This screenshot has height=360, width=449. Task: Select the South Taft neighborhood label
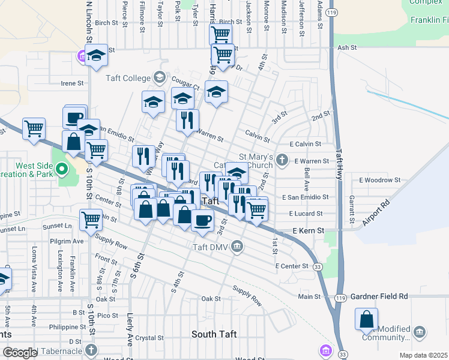pyautogui.click(x=214, y=334)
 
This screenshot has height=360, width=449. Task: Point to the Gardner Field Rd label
pyautogui.click(x=379, y=296)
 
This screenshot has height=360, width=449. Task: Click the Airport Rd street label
pyautogui.click(x=376, y=212)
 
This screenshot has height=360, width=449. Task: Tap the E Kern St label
pyautogui.click(x=308, y=230)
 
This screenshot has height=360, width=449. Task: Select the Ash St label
pyautogui.click(x=348, y=47)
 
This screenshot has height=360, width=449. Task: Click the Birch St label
pyautogui.click(x=106, y=23)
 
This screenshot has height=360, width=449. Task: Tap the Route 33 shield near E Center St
pyautogui.click(x=317, y=266)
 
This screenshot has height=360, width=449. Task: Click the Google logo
pyautogui.click(x=20, y=352)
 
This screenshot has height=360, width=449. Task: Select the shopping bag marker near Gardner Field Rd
pyautogui.click(x=366, y=320)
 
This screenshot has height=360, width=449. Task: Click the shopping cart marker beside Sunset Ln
pyautogui.click(x=91, y=220)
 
